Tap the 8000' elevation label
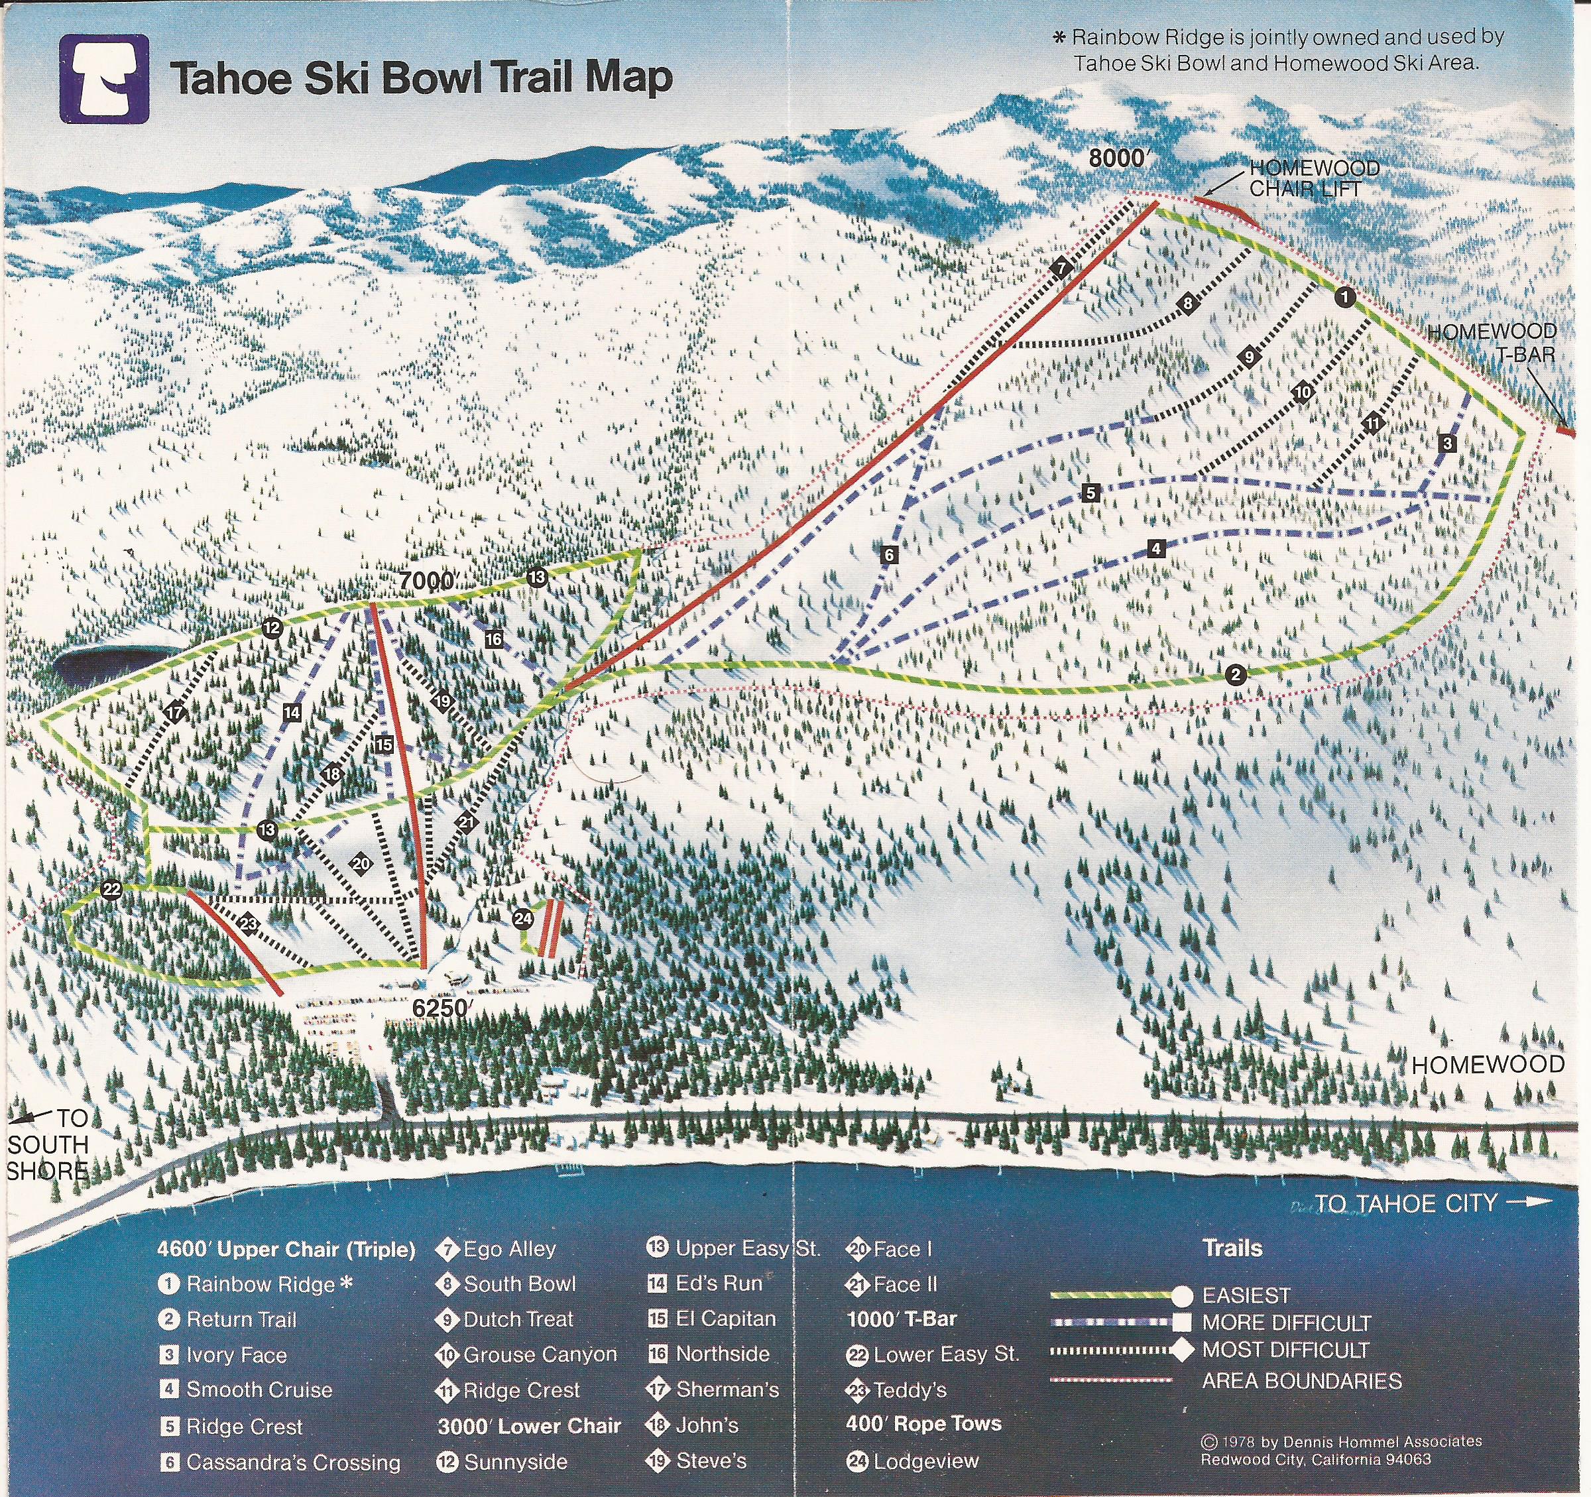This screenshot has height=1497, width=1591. (x=1117, y=158)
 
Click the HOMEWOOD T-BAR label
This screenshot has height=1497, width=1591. (x=1492, y=342)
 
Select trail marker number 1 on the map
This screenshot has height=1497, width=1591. (x=1344, y=298)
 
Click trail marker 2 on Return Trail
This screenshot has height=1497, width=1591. (x=1236, y=675)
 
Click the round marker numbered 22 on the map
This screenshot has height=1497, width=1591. (x=111, y=890)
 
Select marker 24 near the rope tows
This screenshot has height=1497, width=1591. (x=522, y=918)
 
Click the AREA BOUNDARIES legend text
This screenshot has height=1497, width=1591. (x=1302, y=1381)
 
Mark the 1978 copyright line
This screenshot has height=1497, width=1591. (x=1341, y=1441)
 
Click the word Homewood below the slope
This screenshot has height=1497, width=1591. (x=1487, y=1064)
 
